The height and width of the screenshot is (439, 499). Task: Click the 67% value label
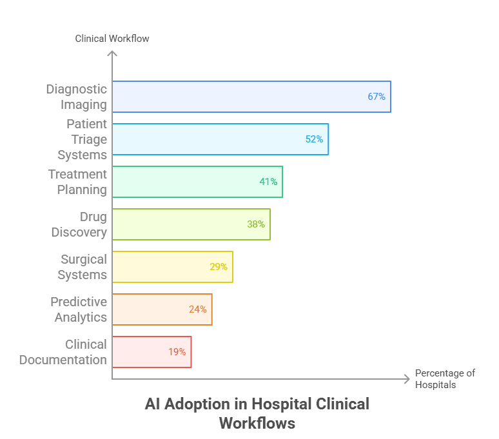pyautogui.click(x=376, y=97)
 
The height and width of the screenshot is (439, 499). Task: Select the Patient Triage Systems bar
pyautogui.click(x=220, y=139)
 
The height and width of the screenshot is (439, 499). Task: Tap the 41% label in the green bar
pyautogui.click(x=268, y=182)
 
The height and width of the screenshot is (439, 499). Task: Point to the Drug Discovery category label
pyautogui.click(x=79, y=224)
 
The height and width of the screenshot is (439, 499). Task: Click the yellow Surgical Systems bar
pyautogui.click(x=172, y=267)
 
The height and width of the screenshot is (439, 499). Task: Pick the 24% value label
pyautogui.click(x=198, y=309)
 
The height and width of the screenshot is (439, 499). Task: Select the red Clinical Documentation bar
pyautogui.click(x=152, y=352)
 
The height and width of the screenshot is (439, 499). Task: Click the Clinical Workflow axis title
pyautogui.click(x=112, y=39)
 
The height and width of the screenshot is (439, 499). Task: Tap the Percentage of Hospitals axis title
pyautogui.click(x=445, y=379)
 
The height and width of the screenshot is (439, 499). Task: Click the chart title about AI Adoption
pyautogui.click(x=257, y=413)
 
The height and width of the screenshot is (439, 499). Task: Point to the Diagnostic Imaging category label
pyautogui.click(x=76, y=97)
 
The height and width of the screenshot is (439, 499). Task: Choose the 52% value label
pyautogui.click(x=314, y=139)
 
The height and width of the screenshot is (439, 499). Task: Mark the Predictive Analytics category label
pyautogui.click(x=79, y=309)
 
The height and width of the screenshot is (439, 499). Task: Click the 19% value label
pyautogui.click(x=177, y=352)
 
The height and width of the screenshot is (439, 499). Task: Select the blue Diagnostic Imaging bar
pyautogui.click(x=251, y=97)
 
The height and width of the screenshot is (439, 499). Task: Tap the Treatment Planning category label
pyautogui.click(x=77, y=182)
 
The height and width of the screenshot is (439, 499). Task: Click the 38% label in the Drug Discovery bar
pyautogui.click(x=256, y=224)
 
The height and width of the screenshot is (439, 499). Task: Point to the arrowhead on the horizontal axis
pyautogui.click(x=407, y=378)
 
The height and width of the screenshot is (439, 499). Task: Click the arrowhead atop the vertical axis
pyautogui.click(x=112, y=54)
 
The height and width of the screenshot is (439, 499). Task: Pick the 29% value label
pyautogui.click(x=219, y=267)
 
